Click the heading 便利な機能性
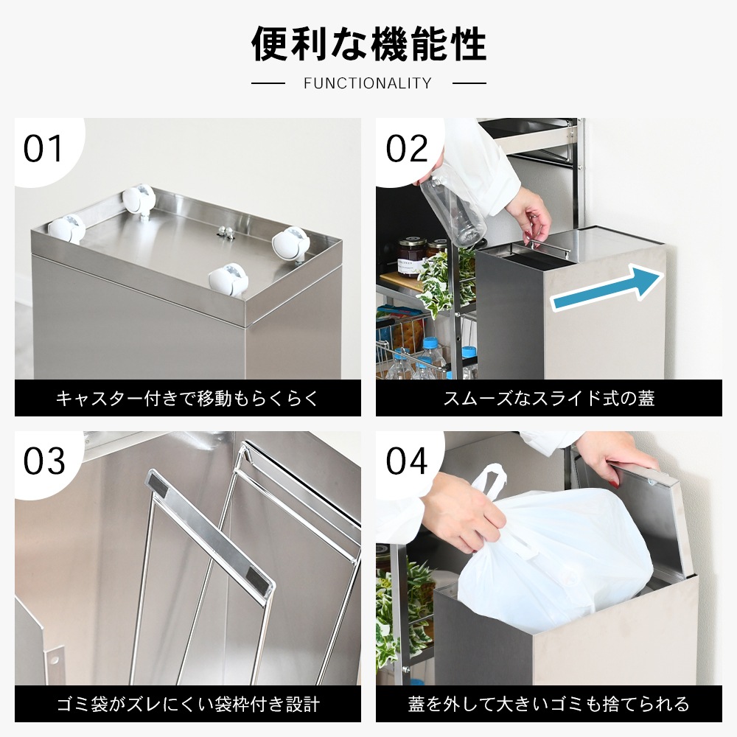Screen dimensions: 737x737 pyautogui.click(x=368, y=44)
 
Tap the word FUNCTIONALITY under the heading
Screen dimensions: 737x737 pyautogui.click(x=367, y=83)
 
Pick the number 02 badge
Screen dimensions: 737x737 pyautogui.click(x=407, y=149)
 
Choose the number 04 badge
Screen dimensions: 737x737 pyautogui.click(x=407, y=461)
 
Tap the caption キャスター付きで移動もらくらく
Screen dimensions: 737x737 pyautogui.click(x=188, y=399)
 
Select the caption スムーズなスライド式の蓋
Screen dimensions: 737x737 pyautogui.click(x=549, y=399)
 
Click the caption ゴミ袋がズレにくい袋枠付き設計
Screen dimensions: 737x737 pyautogui.click(x=188, y=704)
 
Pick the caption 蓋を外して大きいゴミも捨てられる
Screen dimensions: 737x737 pyautogui.click(x=549, y=704)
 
